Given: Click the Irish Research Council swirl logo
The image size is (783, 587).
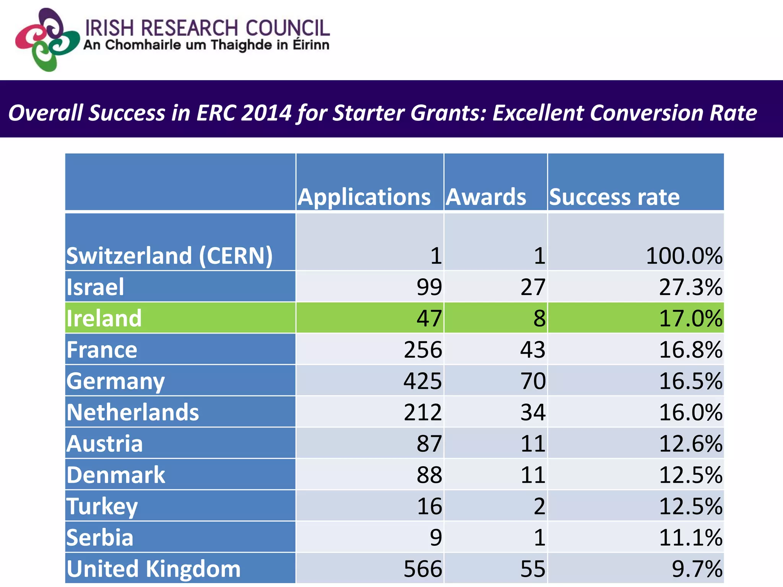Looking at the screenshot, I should click(x=47, y=40).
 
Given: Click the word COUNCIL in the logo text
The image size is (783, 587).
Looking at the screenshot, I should click(x=287, y=29).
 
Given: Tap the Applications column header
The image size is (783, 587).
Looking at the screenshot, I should click(x=364, y=197).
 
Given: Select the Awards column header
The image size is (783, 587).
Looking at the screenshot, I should click(x=486, y=197).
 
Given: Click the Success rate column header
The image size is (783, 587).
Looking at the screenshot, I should click(x=614, y=197).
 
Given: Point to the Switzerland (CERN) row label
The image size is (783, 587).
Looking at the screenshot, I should click(x=169, y=255).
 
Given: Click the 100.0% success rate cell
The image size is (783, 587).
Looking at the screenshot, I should click(x=684, y=256).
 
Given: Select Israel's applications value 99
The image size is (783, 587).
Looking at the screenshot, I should click(x=429, y=287).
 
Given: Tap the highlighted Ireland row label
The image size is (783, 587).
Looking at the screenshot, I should click(x=104, y=318).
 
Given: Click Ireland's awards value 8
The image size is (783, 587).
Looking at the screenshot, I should click(x=539, y=318).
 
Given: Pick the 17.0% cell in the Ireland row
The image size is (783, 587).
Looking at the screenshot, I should click(x=690, y=318).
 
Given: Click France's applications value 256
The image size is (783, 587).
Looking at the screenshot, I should click(x=423, y=350).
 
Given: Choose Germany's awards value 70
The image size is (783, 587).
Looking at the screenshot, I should click(x=533, y=381).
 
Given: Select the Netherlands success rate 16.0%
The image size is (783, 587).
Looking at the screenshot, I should click(x=690, y=412).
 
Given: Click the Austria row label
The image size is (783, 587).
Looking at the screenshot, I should click(x=104, y=444).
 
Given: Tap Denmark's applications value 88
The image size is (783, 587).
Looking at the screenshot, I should click(x=429, y=475).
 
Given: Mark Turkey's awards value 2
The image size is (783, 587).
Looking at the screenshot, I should click(x=539, y=506).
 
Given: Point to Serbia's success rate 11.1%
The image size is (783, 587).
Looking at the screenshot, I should click(x=690, y=538).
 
